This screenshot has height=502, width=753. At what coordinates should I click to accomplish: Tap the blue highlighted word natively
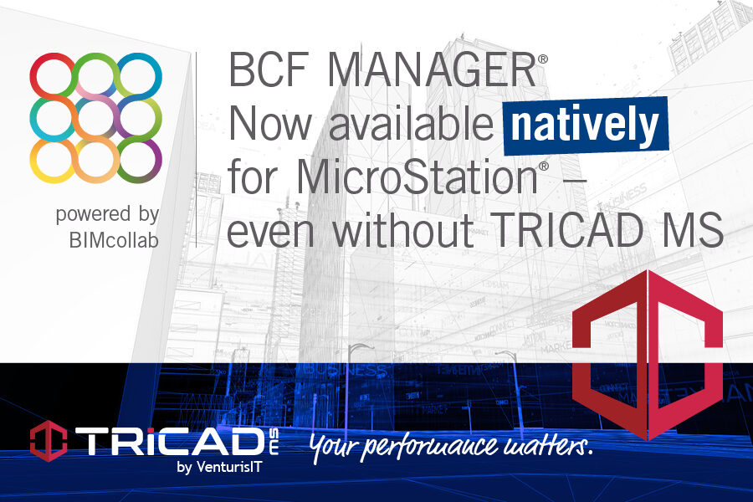[x=585, y=127]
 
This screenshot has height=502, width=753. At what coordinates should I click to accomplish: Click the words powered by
[x=107, y=214]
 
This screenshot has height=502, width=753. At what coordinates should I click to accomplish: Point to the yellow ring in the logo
[x=53, y=160]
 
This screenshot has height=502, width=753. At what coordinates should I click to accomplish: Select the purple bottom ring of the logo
[x=139, y=160]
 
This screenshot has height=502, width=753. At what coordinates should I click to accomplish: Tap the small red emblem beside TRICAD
[x=47, y=440]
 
